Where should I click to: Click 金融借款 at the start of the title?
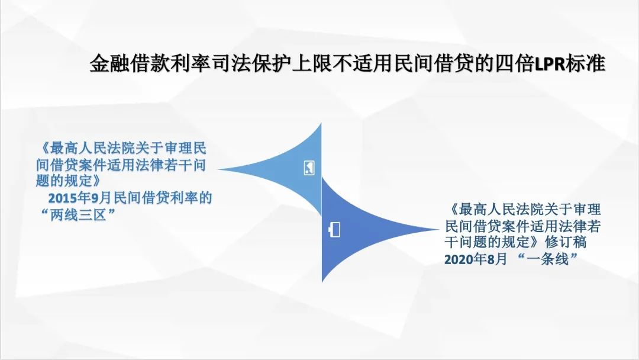[130, 63]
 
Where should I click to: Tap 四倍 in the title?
[514, 63]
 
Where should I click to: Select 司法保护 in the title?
[251, 63]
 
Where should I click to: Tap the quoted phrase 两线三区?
[78, 214]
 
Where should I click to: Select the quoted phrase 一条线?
[547, 259]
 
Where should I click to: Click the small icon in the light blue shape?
[309, 168]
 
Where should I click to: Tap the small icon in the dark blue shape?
[334, 230]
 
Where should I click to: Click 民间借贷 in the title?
[433, 63]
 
